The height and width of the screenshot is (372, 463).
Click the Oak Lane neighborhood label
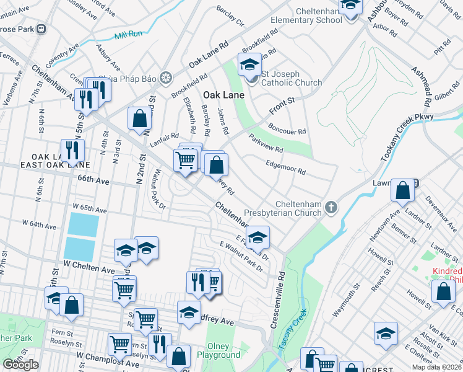click(224, 95)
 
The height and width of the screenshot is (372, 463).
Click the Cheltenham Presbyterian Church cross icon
click(331, 206)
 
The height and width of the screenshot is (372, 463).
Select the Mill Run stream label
click(129, 36)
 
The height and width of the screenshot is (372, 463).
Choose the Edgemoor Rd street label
click(285, 167)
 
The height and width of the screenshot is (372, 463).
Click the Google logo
click(20, 365)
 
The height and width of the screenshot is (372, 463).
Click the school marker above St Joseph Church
click(249, 64)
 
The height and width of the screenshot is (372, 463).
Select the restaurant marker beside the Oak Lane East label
click(74, 150)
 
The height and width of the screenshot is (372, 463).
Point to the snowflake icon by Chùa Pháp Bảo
click(165, 78)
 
